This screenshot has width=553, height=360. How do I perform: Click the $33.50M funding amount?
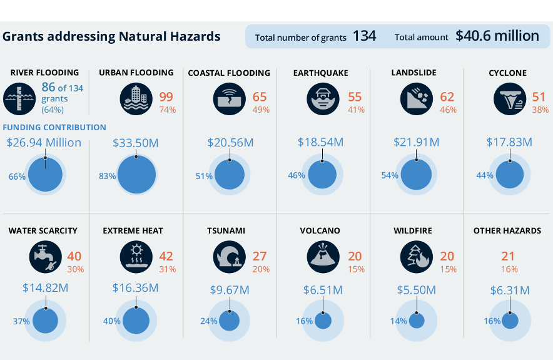click(x=136, y=143)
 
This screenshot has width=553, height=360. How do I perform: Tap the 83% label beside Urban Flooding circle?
click(x=107, y=176)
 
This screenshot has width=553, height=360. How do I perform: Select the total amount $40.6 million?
click(x=497, y=36)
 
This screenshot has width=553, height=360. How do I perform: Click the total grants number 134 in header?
click(x=364, y=36)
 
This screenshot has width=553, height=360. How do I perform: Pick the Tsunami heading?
click(x=226, y=230)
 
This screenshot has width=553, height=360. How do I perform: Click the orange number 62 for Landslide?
click(x=447, y=97)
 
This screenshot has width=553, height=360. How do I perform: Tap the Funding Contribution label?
click(x=54, y=127)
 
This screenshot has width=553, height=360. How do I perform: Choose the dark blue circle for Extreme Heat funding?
click(x=136, y=321)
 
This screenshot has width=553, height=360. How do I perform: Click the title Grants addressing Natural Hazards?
click(x=111, y=36)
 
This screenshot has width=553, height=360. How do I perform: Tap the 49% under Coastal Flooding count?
click(x=260, y=110)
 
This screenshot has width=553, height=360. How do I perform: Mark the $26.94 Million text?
click(x=44, y=142)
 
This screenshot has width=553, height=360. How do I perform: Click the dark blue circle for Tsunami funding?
click(x=229, y=321)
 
